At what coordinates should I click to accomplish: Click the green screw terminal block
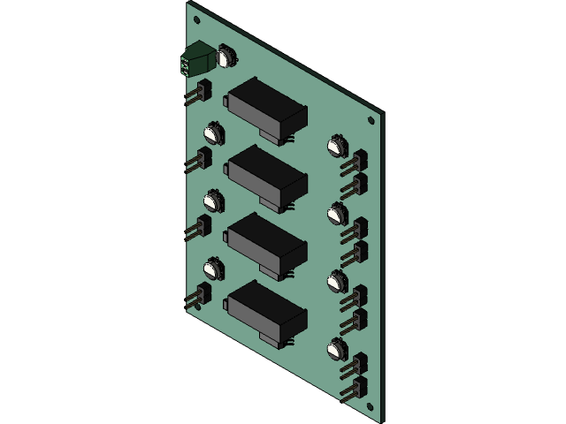pyautogui.click(x=195, y=63)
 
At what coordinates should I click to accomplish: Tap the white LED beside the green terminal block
pyautogui.click(x=226, y=56)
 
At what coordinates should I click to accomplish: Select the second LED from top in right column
pyautogui.click(x=337, y=213)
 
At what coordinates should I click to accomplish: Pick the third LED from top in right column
pyautogui.click(x=337, y=281)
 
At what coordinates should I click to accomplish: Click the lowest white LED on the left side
pyautogui.click(x=213, y=269)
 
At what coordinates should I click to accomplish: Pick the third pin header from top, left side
pyautogui.click(x=200, y=228)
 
